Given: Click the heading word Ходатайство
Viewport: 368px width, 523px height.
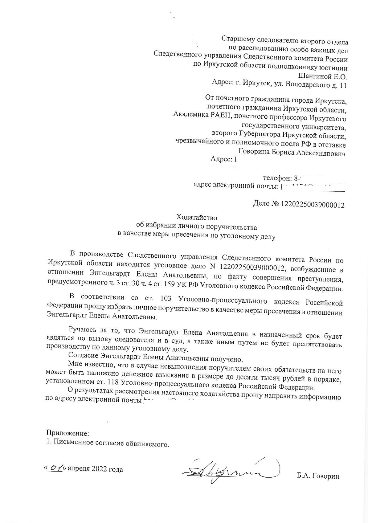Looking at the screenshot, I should pos(196,217).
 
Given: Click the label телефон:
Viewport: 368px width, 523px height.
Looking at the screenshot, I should pos(277,178).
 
